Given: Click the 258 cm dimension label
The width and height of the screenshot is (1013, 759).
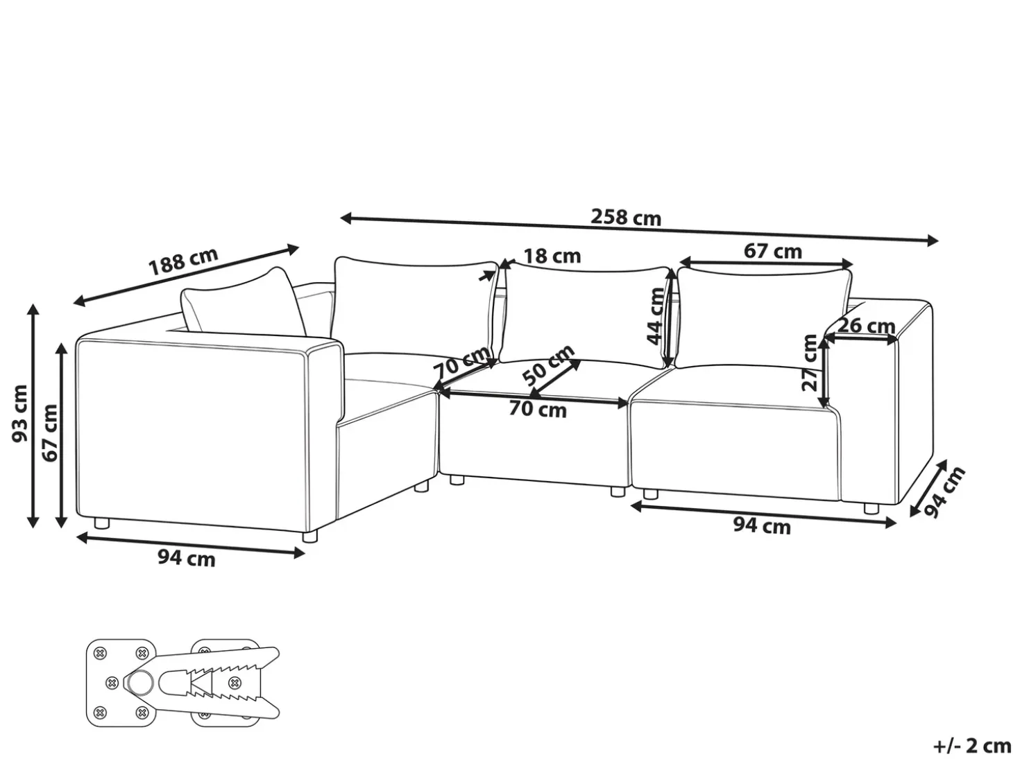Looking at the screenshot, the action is tap(626, 217).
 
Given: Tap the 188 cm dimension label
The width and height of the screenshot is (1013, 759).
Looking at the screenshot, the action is tap(182, 261).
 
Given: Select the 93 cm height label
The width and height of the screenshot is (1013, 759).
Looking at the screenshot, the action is tap(20, 413).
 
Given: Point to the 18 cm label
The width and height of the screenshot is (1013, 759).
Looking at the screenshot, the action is tap(552, 256).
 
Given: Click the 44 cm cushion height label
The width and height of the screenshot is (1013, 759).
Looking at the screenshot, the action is tap(656, 316).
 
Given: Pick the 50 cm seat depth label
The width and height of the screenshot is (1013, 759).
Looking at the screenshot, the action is tap(548, 365).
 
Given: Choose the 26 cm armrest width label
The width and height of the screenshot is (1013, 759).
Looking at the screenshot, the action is tap(866, 326).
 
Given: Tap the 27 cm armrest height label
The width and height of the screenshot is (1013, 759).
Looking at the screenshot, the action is tap(810, 363).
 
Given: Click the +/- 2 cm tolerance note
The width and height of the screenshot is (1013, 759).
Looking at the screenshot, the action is tap(972, 746).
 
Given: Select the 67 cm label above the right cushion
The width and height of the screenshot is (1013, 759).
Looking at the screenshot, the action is tap(772, 251).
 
